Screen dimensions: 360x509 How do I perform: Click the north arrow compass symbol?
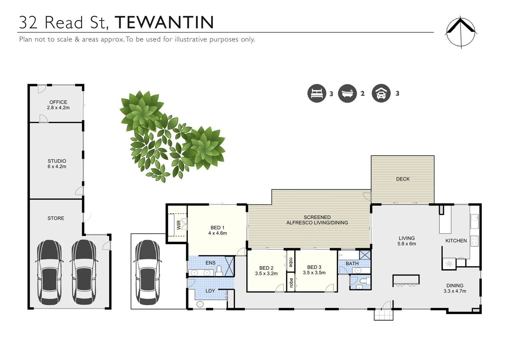(461, 32)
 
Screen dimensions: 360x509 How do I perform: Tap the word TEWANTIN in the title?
(164, 23)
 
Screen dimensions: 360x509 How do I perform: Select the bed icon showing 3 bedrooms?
(316, 93)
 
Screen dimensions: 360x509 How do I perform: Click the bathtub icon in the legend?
(347, 93)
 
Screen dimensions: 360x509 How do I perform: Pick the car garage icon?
(381, 93)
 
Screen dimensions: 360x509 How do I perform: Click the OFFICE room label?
(58, 102)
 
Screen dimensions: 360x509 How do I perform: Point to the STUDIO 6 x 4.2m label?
(57, 164)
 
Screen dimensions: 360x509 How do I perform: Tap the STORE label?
(56, 218)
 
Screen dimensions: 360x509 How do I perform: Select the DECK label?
(403, 179)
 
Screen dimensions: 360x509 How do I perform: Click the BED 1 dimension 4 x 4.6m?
(218, 233)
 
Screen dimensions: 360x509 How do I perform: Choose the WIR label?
(179, 225)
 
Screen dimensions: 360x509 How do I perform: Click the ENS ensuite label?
(211, 263)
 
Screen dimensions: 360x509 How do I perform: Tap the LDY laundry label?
(210, 291)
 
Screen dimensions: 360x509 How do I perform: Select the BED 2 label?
(266, 268)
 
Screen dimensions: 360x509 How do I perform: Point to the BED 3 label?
(314, 267)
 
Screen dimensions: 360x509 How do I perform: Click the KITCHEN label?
(456, 241)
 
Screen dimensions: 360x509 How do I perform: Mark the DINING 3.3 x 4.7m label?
(455, 288)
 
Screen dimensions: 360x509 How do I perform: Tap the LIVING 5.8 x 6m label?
(407, 241)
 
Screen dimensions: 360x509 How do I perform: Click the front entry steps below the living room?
(383, 315)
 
